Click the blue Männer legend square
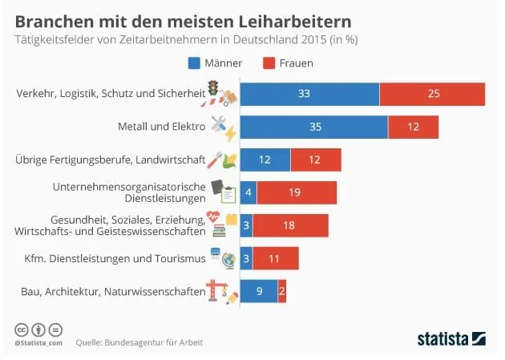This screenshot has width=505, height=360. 194,63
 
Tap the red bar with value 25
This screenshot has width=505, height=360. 432,94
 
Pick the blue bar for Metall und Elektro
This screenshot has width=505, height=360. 313,127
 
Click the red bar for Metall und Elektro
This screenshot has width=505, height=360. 413,127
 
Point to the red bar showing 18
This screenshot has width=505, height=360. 289,225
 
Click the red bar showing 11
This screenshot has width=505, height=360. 276,258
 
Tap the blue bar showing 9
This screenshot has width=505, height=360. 259,292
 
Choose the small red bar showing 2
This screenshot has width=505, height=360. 282,292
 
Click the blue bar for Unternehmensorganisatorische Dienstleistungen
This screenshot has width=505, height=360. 248,192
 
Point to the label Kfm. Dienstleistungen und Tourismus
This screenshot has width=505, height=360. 111,258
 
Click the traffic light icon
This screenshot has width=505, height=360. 213,87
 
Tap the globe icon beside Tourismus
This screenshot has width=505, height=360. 228,260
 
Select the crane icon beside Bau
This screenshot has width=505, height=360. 214,290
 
